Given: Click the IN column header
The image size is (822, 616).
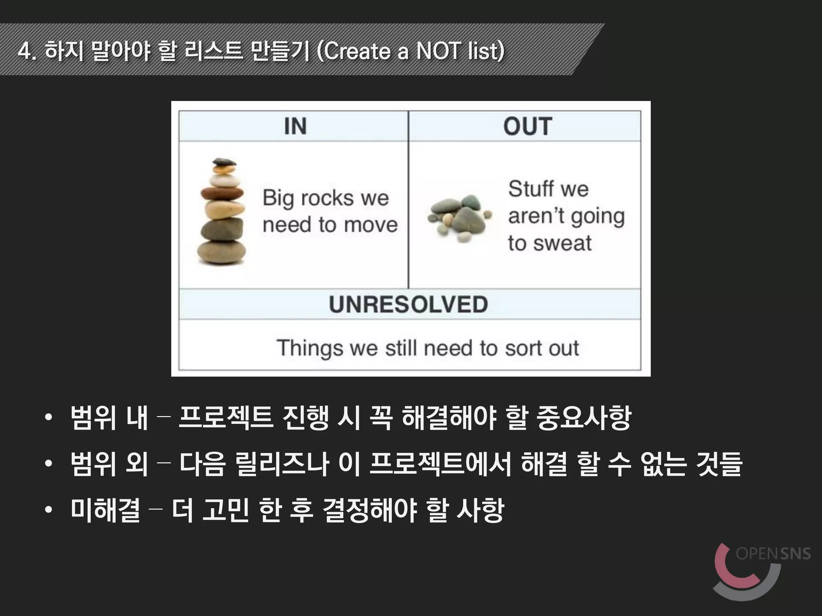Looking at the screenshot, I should (x=295, y=126).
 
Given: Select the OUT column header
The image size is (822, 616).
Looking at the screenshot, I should (x=527, y=126).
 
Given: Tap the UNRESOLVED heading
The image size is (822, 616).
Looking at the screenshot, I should (x=408, y=304).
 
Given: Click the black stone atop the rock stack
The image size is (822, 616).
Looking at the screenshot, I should (x=224, y=162).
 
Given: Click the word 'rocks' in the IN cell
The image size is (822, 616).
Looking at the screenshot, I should (x=327, y=198).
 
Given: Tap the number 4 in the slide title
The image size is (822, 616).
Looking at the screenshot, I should (x=25, y=51).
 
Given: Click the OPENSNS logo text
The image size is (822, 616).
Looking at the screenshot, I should (x=773, y=554).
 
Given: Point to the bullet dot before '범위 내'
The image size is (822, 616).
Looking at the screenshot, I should (x=49, y=417).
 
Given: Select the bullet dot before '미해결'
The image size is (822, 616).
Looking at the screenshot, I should (x=49, y=510).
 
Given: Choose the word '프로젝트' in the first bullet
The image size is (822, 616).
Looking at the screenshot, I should (x=226, y=417).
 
